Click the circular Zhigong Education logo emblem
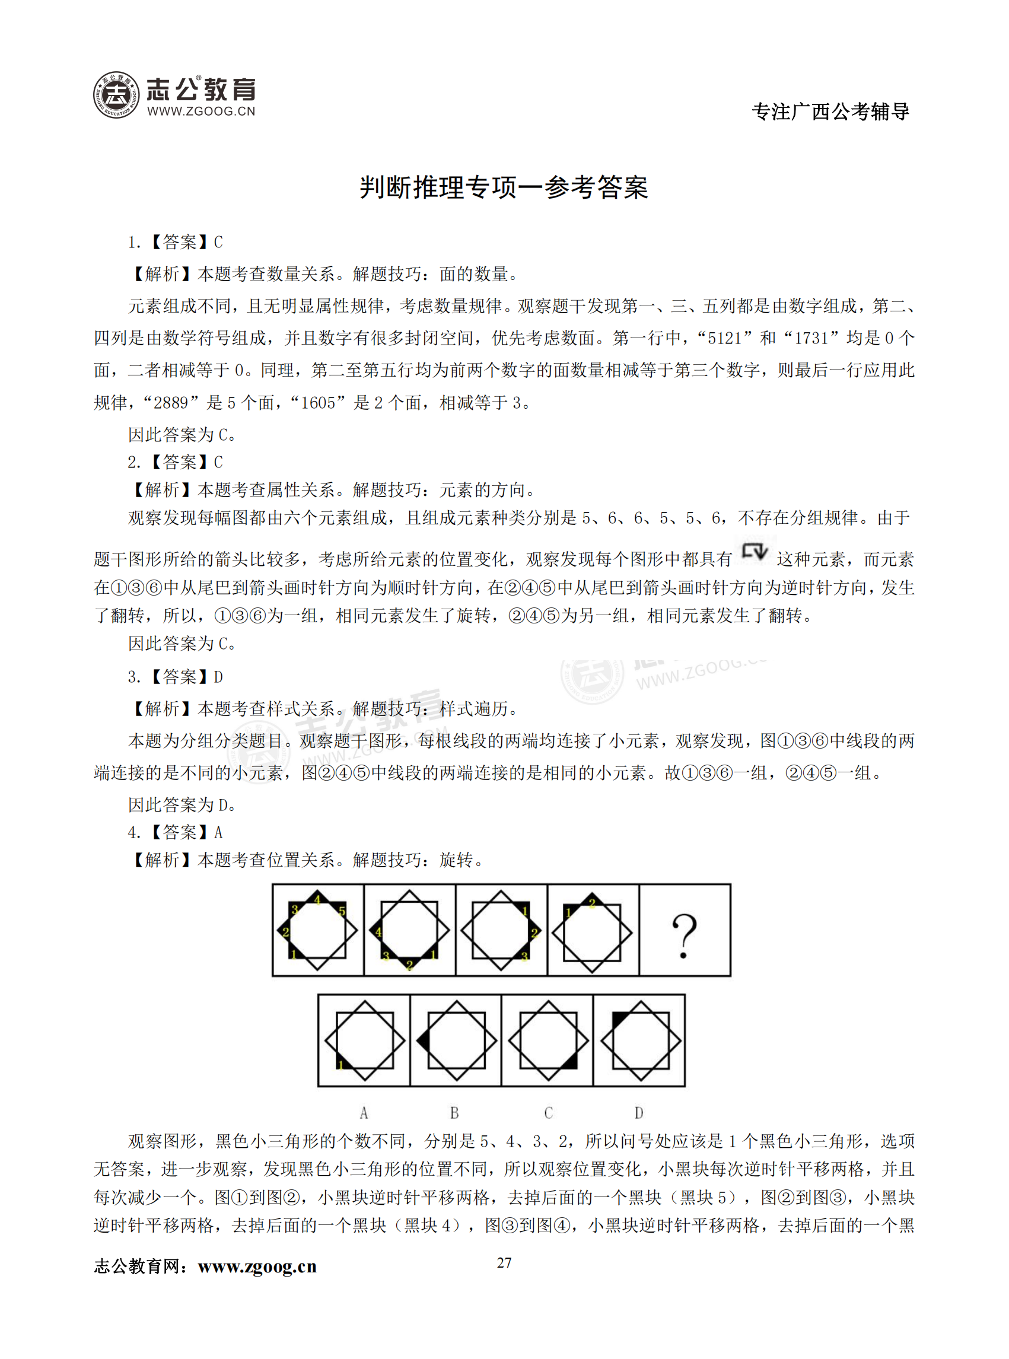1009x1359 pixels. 116,95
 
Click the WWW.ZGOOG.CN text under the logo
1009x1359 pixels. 201,111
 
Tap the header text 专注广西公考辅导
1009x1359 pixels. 830,112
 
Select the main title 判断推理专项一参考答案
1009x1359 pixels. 503,187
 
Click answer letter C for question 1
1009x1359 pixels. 218,243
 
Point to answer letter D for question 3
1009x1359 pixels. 218,677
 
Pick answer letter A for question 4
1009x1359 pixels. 218,832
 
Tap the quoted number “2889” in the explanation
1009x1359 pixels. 171,403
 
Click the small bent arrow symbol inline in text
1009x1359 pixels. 755,552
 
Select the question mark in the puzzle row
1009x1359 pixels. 684,935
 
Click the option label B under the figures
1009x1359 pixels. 454,1113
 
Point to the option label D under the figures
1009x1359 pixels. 639,1113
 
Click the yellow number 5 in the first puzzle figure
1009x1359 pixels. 342,911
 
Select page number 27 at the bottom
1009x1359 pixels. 504,1262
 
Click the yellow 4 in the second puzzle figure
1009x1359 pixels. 378,932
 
